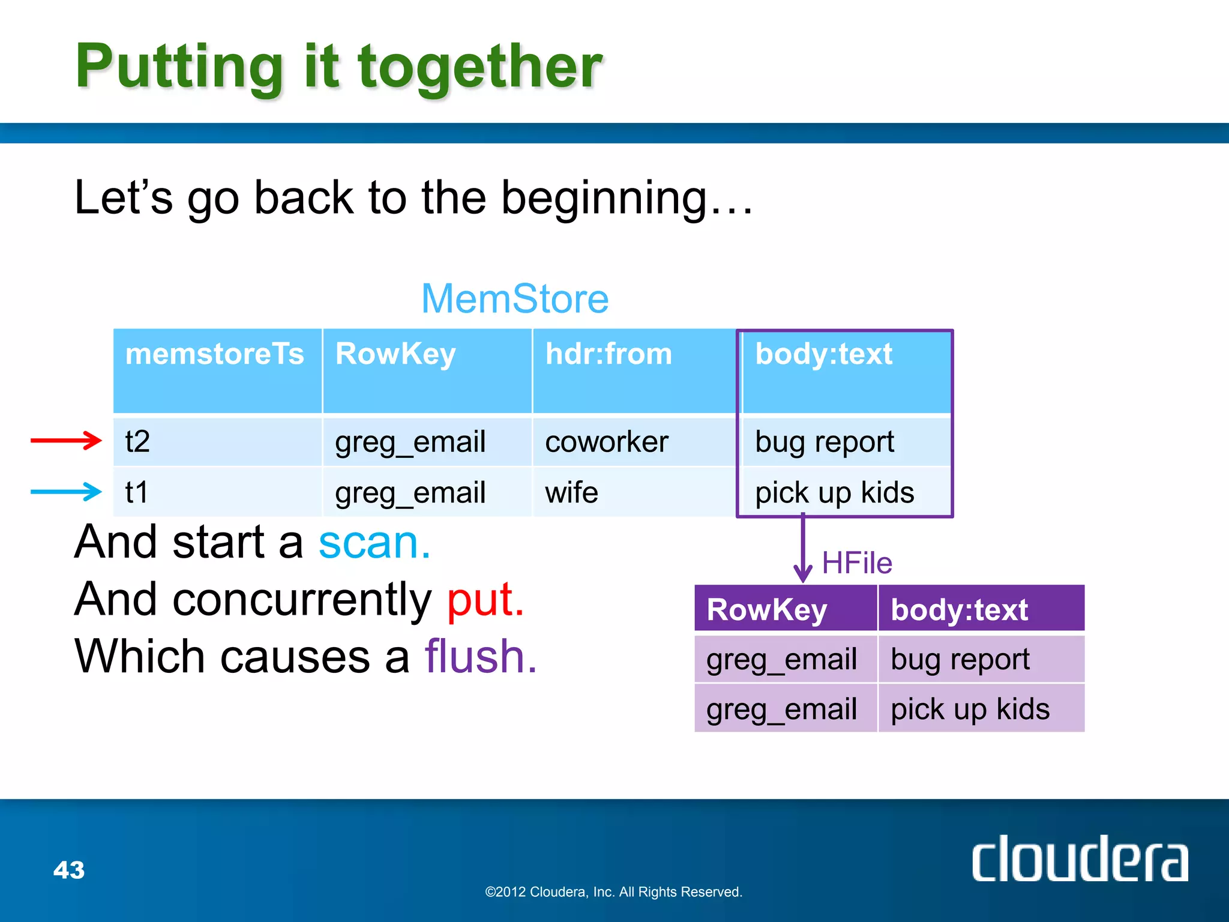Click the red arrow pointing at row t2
tap(66, 441)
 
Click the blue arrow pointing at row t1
tap(66, 492)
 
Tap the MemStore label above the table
tap(515, 299)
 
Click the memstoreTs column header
tap(215, 354)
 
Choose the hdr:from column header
tap(608, 354)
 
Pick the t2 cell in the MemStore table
tap(138, 442)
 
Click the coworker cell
tap(606, 442)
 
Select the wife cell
tap(571, 492)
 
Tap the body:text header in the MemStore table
tap(823, 354)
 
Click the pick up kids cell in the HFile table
tap(970, 709)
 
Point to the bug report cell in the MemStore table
tap(825, 442)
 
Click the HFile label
tap(857, 563)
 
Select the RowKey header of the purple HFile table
tap(767, 610)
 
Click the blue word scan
tap(374, 542)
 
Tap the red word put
tap(485, 599)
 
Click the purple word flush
tap(480, 656)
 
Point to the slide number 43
tap(69, 870)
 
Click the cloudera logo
tap(1079, 859)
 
